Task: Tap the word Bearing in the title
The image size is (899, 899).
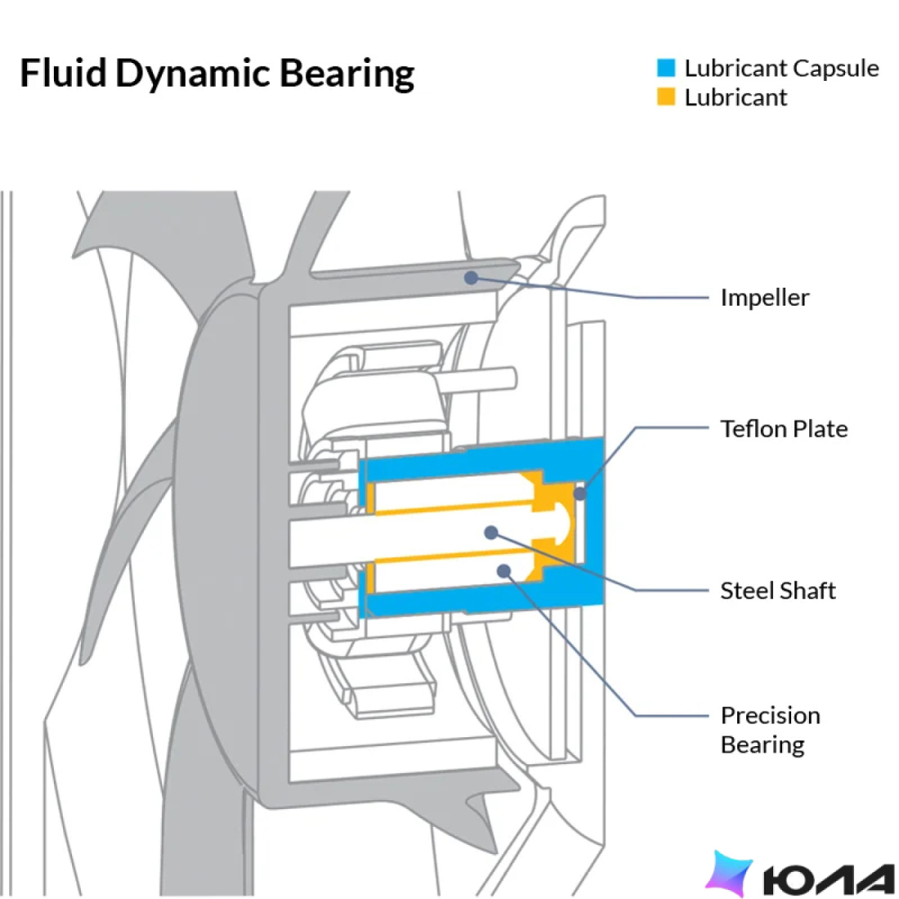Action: click(x=347, y=74)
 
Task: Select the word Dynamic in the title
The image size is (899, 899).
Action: click(x=193, y=74)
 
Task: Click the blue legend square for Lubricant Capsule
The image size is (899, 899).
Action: click(x=666, y=68)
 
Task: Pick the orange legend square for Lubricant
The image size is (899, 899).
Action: click(x=666, y=96)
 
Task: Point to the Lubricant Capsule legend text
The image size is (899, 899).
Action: click(x=781, y=69)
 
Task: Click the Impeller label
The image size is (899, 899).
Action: click(x=765, y=297)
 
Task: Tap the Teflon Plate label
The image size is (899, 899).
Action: click(x=784, y=429)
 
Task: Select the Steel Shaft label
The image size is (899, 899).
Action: click(x=778, y=591)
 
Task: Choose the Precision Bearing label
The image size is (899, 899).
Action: click(x=770, y=730)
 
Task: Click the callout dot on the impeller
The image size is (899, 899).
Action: click(x=471, y=278)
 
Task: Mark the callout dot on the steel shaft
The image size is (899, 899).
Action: click(x=491, y=533)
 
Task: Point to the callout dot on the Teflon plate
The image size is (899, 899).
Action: click(x=580, y=493)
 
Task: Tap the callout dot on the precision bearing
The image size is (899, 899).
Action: click(x=504, y=570)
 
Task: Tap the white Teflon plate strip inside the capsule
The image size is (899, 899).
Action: click(x=579, y=522)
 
